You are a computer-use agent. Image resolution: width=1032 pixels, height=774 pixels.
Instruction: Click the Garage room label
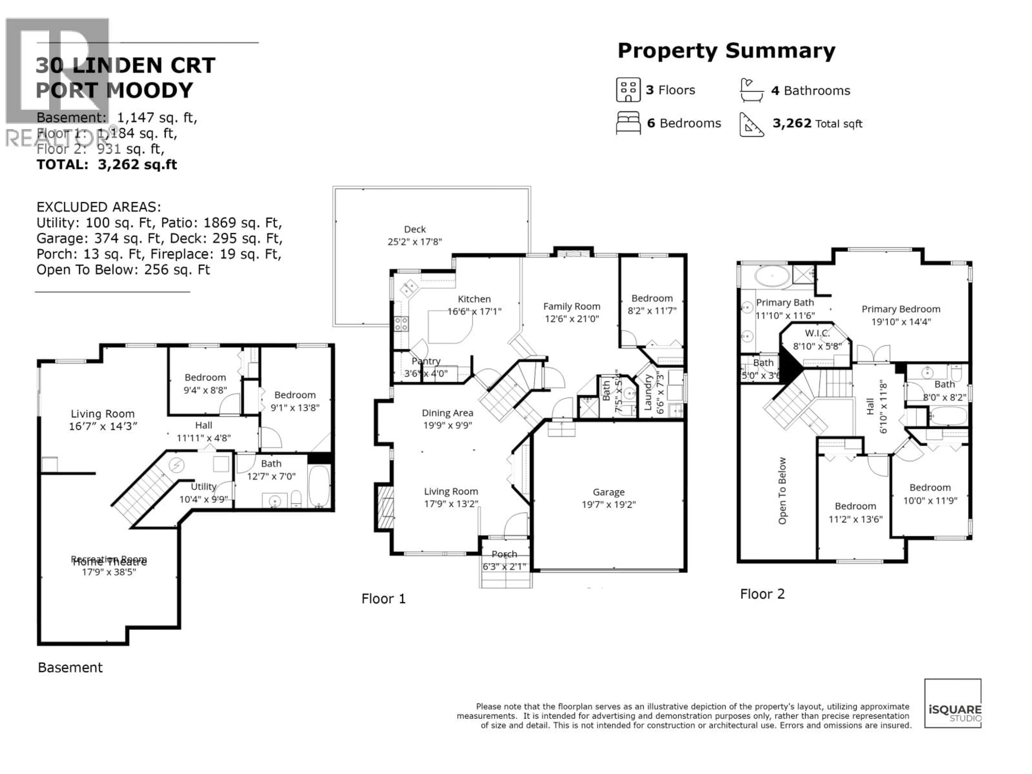point(608,492)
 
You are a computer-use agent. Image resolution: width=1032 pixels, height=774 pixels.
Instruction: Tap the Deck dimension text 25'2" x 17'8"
point(414,242)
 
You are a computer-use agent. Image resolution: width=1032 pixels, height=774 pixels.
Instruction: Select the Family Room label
point(572,307)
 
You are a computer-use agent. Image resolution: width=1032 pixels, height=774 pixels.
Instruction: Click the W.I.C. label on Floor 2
point(817,333)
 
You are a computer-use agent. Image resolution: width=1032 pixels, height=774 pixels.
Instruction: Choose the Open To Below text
point(782,490)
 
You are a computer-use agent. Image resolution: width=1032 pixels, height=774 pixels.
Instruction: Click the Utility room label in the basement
point(203,487)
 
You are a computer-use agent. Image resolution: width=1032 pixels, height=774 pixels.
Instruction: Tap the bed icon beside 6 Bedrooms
point(628,123)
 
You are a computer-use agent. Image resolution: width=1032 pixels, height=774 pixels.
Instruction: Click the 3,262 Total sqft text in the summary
point(817,124)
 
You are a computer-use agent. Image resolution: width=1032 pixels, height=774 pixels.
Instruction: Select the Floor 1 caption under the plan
point(384,599)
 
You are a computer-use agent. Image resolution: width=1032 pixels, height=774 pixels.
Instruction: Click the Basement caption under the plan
point(70,668)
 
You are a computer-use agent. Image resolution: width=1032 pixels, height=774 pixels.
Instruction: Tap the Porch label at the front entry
point(504,554)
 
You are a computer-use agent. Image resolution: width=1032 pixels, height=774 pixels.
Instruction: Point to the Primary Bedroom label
point(900,309)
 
